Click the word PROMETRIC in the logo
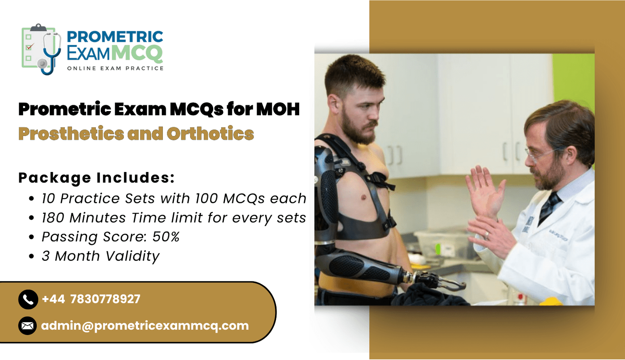tap(115, 37)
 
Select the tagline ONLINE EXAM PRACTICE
tap(115, 68)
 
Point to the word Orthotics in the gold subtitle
tap(211, 134)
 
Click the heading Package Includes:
tap(96, 178)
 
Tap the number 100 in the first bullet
tap(207, 199)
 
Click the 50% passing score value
tap(166, 237)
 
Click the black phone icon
tap(28, 299)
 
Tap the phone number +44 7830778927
tap(91, 299)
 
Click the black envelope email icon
tap(27, 326)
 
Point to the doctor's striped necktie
tap(548, 207)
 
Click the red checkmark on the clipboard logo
tap(30, 47)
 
